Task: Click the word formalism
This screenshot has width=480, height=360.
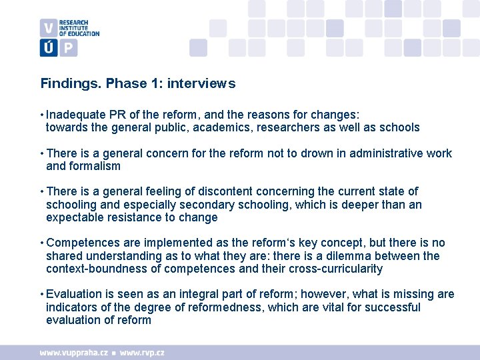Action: click(94, 166)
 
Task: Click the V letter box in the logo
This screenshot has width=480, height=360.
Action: click(49, 28)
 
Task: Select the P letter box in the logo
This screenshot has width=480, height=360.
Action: click(69, 47)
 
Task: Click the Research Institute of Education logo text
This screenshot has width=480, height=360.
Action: click(79, 28)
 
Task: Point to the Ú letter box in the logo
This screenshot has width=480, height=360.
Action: click(49, 47)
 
